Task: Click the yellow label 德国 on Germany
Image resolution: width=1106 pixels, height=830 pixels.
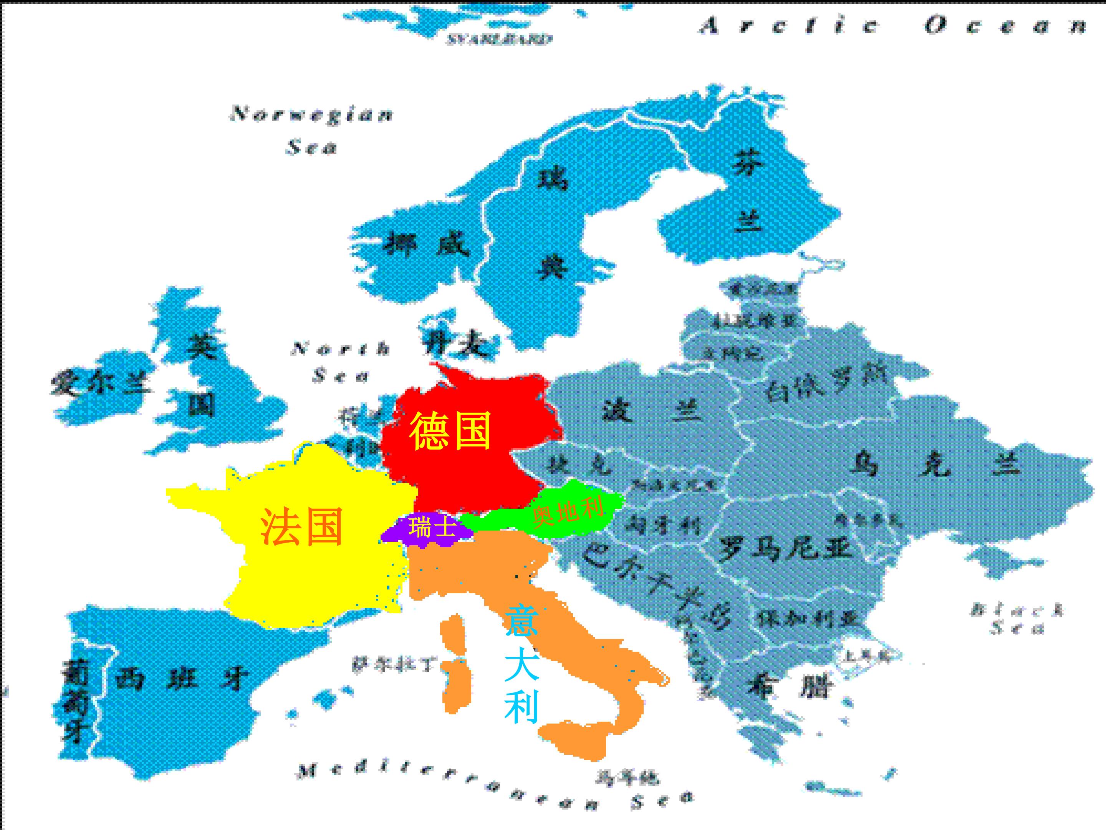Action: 450,431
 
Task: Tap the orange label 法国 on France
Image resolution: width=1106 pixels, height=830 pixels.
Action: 302,526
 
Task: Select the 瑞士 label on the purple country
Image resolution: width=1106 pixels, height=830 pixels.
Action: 431,527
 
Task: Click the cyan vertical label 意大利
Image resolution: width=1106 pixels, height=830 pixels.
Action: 522,664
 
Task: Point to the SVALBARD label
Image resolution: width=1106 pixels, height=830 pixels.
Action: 499,39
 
